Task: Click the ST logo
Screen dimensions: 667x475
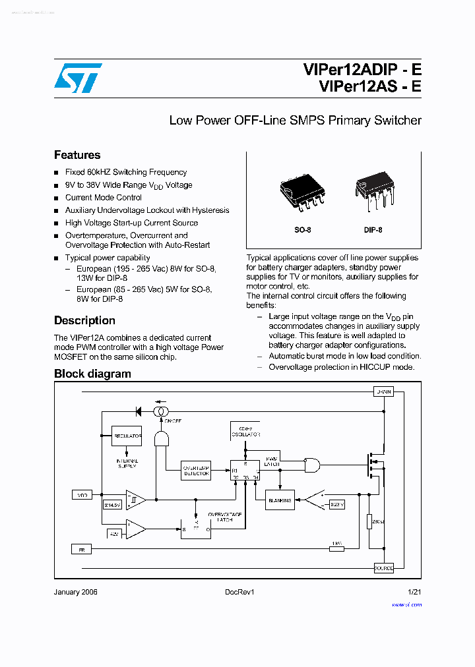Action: point(78,78)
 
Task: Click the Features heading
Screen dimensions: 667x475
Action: point(77,155)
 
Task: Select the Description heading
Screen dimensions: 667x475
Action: point(84,320)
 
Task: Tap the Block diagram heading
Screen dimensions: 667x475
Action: point(92,374)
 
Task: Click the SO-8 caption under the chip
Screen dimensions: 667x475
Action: point(303,230)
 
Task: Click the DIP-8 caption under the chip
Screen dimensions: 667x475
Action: point(373,230)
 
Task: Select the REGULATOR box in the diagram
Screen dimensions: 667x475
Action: point(127,436)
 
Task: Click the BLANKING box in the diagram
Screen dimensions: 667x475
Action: point(280,500)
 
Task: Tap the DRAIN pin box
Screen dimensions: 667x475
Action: point(383,391)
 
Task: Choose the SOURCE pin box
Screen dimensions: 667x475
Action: point(383,567)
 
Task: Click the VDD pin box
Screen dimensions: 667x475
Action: point(82,494)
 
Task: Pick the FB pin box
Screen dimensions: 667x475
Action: point(82,548)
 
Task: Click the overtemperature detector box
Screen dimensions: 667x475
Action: point(196,471)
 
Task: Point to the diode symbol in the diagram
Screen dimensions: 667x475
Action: point(139,411)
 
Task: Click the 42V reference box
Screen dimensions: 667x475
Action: point(114,533)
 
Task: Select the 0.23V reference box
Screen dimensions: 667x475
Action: point(337,504)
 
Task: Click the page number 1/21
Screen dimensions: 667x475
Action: point(414,592)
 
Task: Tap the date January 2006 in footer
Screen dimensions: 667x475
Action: point(75,592)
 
